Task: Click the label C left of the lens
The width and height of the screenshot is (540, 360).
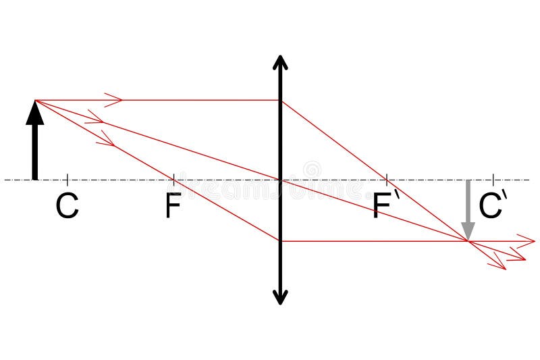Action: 67,206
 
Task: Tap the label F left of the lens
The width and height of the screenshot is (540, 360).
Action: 173,206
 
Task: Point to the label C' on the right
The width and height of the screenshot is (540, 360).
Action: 491,206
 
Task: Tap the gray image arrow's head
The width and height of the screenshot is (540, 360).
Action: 468,233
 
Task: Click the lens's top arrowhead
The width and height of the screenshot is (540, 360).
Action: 280,62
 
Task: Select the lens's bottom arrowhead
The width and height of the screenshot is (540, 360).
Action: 280,297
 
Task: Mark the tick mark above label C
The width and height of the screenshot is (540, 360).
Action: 67,180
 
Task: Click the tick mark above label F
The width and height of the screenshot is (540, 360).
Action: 173,180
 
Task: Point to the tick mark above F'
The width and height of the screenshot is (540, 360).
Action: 386,180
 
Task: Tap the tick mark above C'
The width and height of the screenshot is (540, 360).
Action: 493,180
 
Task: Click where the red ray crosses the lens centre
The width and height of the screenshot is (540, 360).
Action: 280,180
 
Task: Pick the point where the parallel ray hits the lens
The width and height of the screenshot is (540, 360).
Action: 280,101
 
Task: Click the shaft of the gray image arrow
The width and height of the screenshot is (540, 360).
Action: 468,203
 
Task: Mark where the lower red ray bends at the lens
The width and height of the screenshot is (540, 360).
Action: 280,240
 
